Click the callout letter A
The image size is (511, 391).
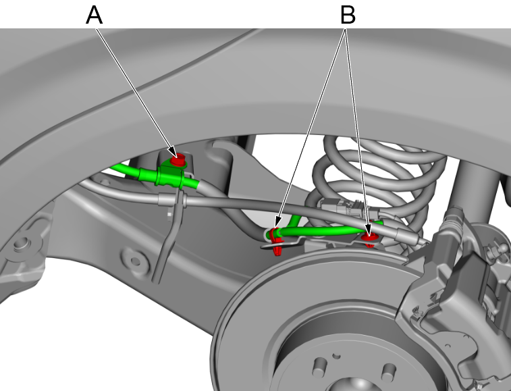pyautogui.click(x=95, y=14)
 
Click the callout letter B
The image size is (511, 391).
pyautogui.click(x=348, y=14)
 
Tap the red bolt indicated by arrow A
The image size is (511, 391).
pyautogui.click(x=178, y=161)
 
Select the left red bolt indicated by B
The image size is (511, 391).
pyautogui.click(x=274, y=235)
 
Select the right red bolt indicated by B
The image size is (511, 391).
pyautogui.click(x=369, y=238)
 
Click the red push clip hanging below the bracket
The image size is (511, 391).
pyautogui.click(x=278, y=251)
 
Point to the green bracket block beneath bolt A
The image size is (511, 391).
pyautogui.click(x=168, y=177)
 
